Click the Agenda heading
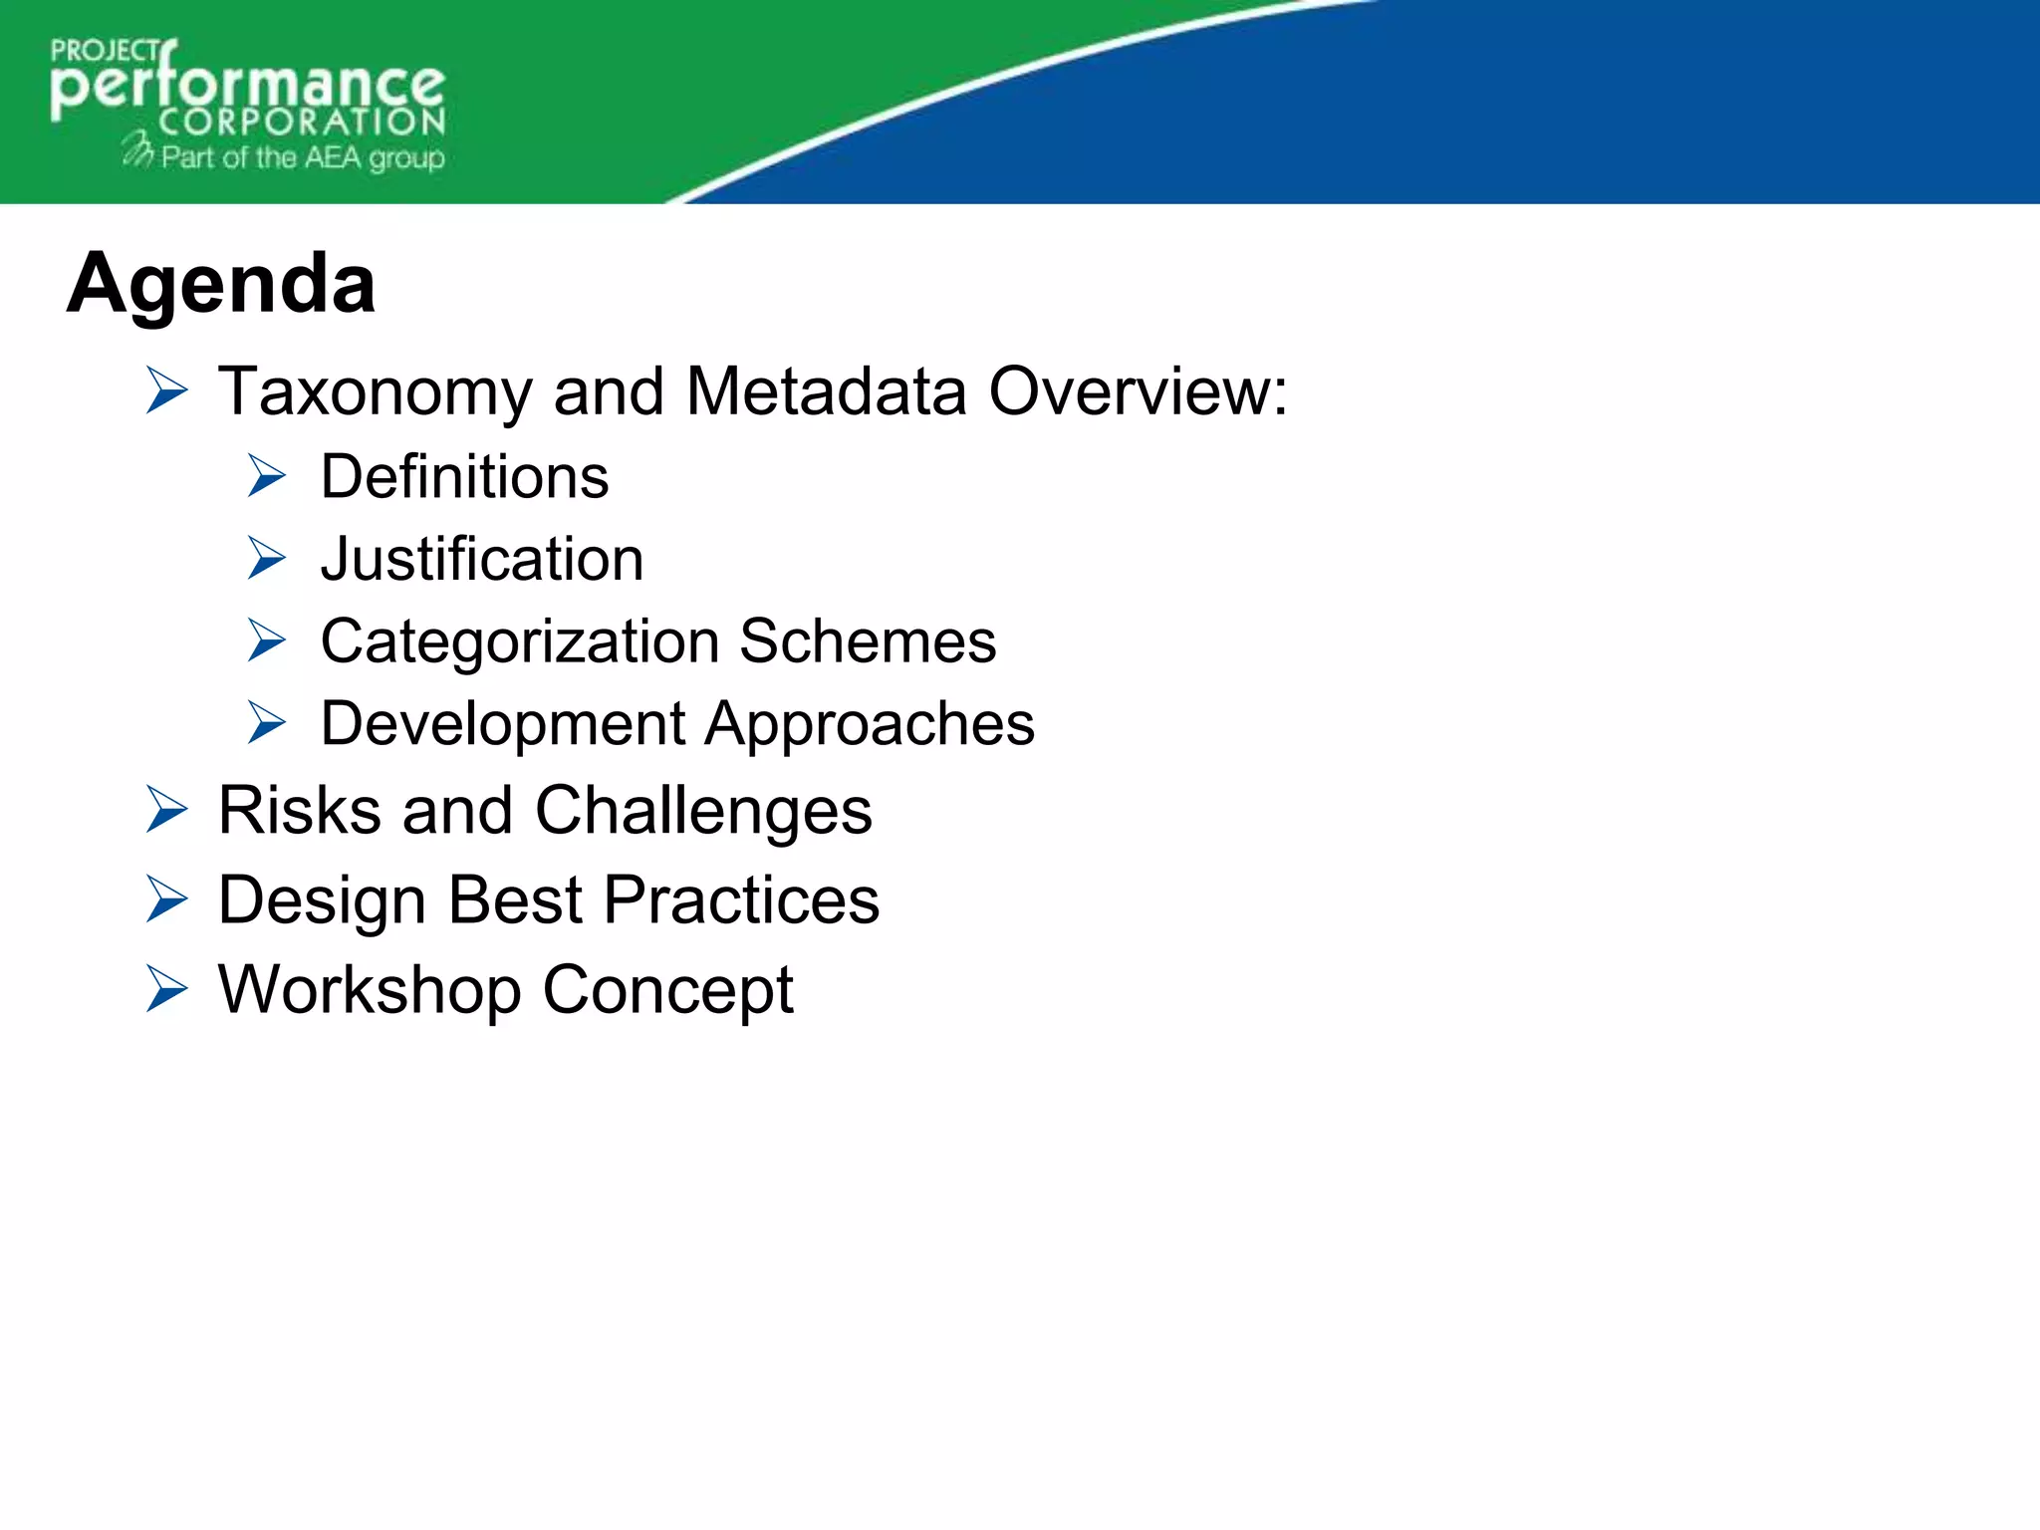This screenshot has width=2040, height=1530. [x=221, y=284]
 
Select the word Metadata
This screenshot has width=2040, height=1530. [x=826, y=391]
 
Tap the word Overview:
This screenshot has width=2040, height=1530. [x=1138, y=391]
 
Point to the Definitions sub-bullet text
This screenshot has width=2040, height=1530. [x=464, y=477]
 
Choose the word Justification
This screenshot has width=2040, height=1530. [x=482, y=559]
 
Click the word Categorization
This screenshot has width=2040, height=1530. [x=519, y=641]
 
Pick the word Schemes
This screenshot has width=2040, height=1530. [x=868, y=641]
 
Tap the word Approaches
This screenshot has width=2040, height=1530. [x=871, y=724]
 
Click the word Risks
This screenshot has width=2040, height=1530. [x=299, y=811]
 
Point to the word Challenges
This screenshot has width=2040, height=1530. [x=703, y=811]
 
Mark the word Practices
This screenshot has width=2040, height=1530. [x=742, y=900]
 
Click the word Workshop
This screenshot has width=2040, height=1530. [x=370, y=990]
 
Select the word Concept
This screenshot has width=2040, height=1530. [x=667, y=990]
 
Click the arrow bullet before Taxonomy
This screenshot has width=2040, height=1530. [x=166, y=390]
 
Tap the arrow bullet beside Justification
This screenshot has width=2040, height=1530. [x=267, y=559]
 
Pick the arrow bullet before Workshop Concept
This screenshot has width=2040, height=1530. [x=166, y=989]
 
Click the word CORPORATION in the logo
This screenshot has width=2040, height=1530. [x=302, y=123]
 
